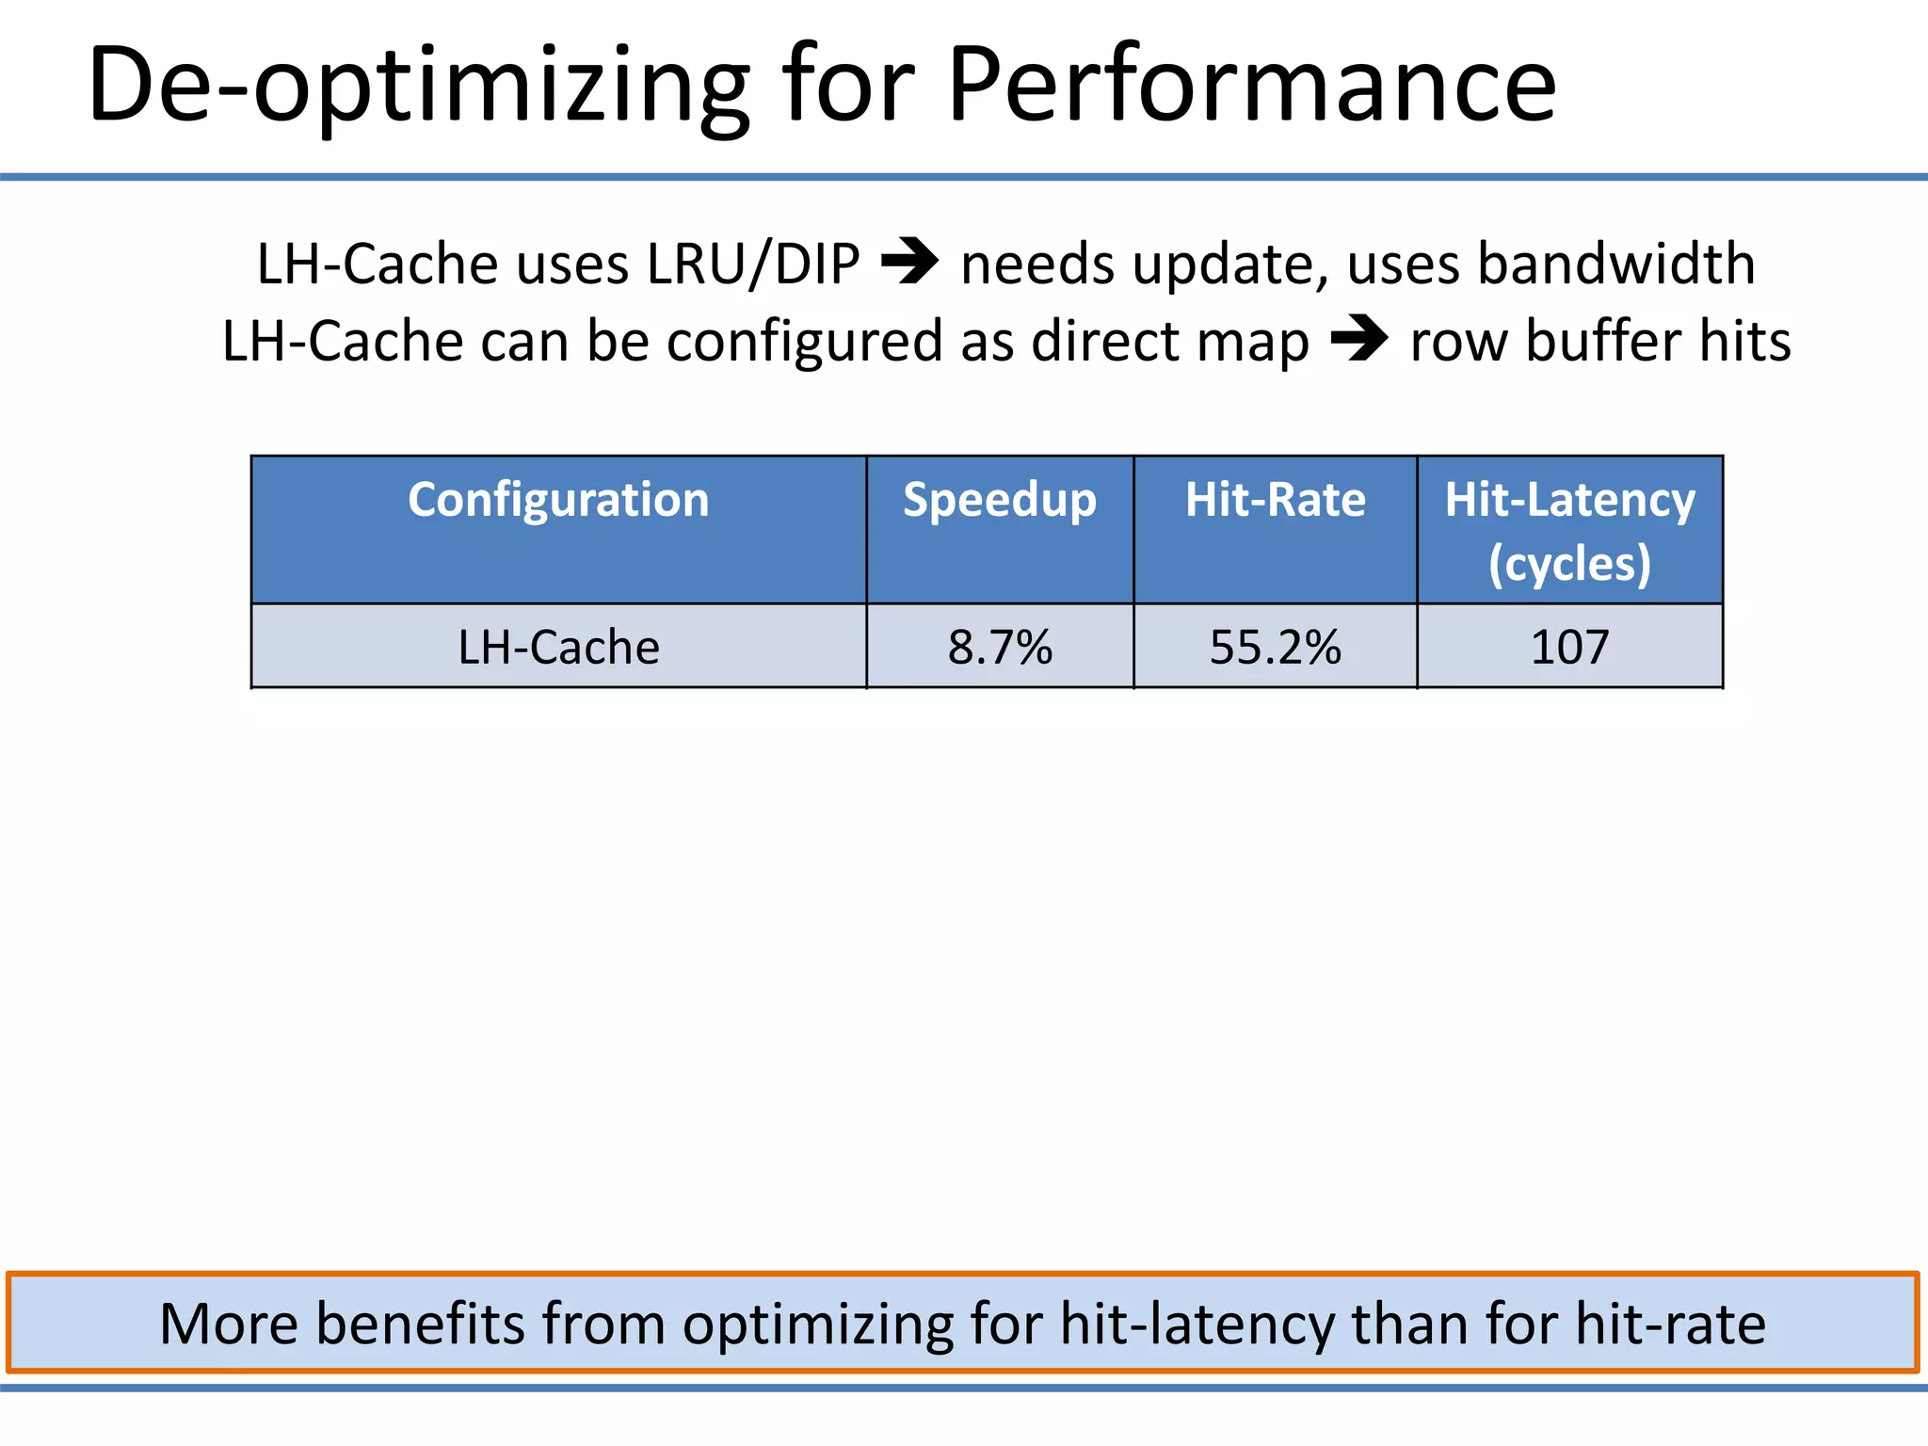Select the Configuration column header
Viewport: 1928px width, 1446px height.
558,500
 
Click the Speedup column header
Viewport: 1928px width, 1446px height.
1000,500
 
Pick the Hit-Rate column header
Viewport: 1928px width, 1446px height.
1275,500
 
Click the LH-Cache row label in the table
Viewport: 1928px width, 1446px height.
558,648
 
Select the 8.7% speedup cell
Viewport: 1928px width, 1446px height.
1000,648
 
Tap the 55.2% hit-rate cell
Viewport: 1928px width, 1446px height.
1275,648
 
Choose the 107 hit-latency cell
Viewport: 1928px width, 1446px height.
1569,648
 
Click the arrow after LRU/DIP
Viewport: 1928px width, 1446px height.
909,263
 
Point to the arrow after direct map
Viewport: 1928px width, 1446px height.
1359,340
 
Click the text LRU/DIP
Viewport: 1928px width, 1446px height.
753,264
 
